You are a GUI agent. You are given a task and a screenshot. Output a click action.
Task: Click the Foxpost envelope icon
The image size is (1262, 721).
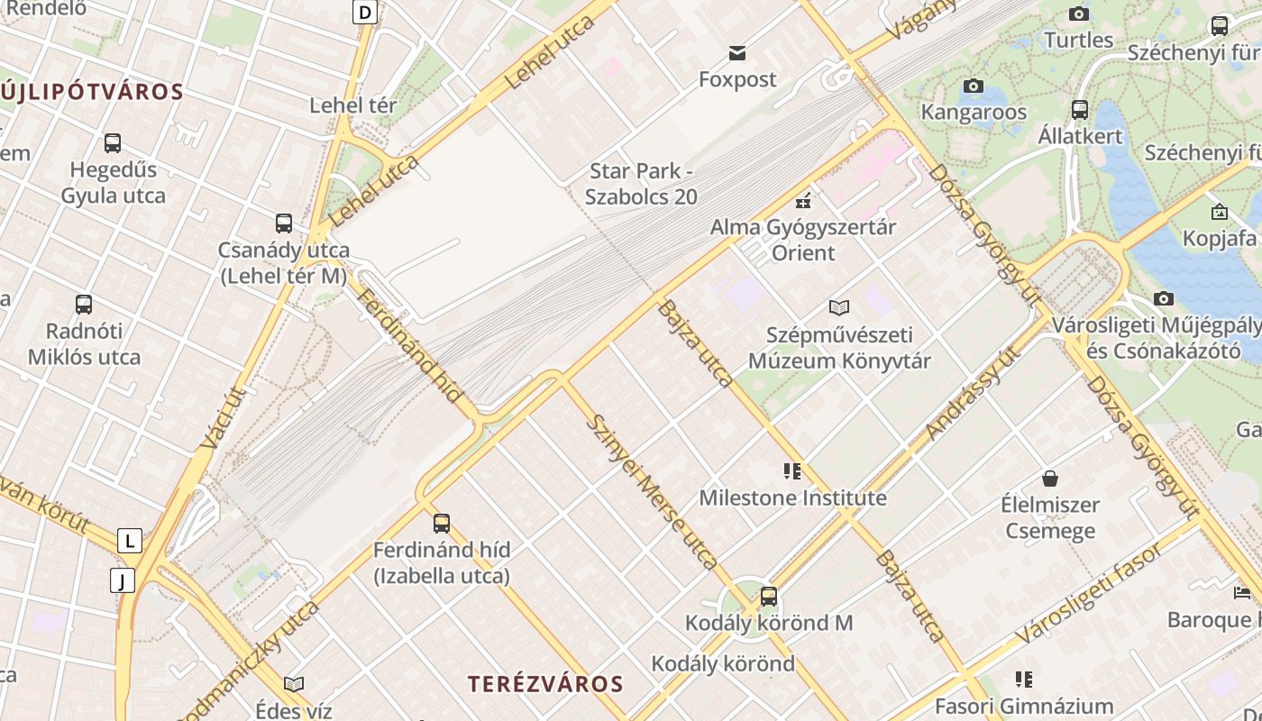738,53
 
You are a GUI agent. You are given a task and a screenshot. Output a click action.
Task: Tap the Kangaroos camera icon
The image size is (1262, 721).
974,86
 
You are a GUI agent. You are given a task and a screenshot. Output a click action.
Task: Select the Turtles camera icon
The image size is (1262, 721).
1079,14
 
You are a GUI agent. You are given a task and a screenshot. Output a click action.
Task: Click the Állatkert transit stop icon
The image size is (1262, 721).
1080,110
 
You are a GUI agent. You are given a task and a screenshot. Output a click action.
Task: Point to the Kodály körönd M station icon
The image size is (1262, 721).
768,596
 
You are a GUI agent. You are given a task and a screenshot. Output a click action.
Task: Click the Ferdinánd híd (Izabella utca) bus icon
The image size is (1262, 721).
442,523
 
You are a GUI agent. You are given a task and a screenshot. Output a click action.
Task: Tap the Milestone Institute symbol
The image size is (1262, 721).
792,470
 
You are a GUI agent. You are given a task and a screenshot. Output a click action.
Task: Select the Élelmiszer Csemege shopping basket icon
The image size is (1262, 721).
1050,478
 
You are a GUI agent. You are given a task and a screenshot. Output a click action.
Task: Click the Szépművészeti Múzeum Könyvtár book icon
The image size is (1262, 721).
839,307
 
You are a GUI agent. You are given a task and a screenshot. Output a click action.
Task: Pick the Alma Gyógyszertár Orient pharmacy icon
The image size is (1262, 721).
803,200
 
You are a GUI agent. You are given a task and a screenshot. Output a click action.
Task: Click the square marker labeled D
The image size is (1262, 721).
364,12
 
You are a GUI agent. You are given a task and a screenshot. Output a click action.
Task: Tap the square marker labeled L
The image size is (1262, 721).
130,541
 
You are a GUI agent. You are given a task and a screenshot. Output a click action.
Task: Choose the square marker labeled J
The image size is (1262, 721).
123,580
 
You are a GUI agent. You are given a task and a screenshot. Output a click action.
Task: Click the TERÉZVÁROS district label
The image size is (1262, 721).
545,684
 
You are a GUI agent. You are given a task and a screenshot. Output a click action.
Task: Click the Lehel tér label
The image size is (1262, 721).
353,105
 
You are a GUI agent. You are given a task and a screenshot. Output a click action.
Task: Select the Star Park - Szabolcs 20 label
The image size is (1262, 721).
641,183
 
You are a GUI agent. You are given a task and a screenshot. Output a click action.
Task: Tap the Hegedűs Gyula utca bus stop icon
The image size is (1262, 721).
113,142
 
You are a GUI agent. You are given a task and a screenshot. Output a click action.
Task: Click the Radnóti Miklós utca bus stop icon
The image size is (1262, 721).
84,304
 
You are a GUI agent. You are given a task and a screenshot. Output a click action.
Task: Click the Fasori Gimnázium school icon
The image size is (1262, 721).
1024,679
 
